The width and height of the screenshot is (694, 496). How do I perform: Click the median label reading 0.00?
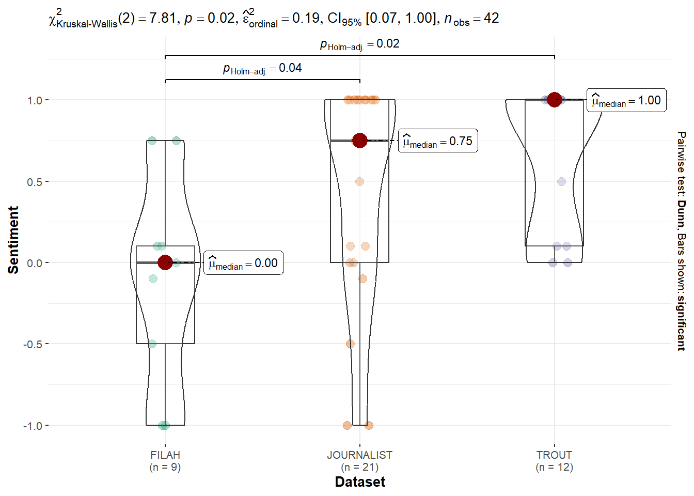coord(243,263)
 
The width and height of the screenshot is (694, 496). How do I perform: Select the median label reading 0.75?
coord(438,141)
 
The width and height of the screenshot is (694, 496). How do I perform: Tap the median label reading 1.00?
coord(626,100)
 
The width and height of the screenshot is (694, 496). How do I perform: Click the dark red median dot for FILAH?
coord(165,262)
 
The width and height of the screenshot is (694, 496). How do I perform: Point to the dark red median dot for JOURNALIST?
coord(360,141)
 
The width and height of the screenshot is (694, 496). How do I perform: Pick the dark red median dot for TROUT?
coord(555,100)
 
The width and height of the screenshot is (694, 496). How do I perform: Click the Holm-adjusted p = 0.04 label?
coord(262,68)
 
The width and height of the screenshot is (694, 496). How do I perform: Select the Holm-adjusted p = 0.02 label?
coord(360,44)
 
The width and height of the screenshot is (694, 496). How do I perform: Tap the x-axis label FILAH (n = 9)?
coord(165,461)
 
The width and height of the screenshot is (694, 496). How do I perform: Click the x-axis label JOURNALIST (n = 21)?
coord(360,461)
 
